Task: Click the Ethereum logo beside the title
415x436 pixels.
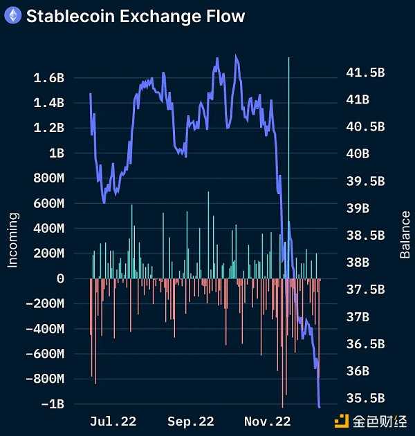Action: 12,15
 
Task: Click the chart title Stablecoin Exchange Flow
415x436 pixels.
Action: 135,15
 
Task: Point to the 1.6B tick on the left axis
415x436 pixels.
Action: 48,78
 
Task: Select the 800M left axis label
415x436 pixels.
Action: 48,178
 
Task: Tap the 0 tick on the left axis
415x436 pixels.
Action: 60,278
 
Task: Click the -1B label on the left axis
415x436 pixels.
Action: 53,404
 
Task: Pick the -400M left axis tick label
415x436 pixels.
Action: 45,329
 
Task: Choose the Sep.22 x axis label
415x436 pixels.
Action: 190,421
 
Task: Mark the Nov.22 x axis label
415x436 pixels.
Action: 268,421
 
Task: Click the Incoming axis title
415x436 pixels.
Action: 12,239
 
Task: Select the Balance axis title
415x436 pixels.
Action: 405,235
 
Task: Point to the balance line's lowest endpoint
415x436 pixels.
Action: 319,406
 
